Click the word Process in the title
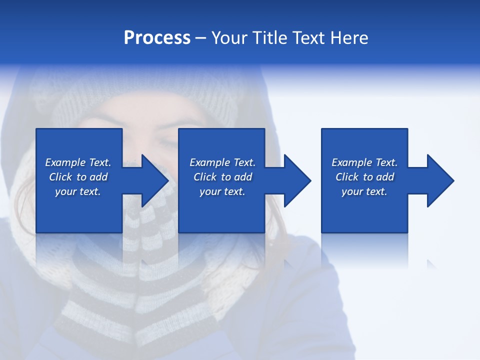[157, 38]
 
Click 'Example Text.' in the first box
[78, 162]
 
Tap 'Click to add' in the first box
[78, 177]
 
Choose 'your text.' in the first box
[78, 191]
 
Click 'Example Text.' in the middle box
[222, 162]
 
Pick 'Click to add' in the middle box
[222, 177]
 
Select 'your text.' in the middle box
[222, 191]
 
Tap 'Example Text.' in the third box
[364, 162]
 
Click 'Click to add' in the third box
[364, 177]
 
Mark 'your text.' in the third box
[364, 191]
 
